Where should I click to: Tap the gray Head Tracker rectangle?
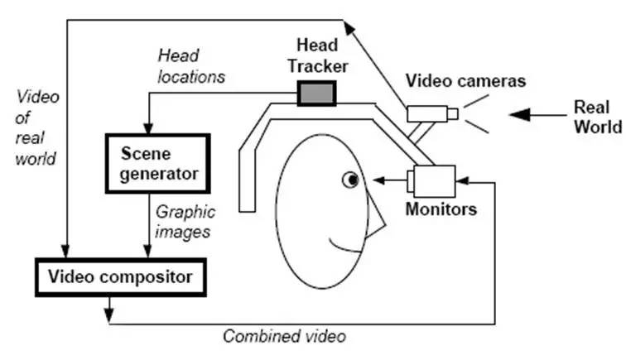[315, 93]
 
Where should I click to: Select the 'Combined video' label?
[284, 336]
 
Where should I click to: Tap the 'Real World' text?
[597, 117]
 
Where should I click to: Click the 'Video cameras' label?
[465, 80]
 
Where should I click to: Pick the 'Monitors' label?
[441, 209]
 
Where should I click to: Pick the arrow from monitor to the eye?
[388, 178]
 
